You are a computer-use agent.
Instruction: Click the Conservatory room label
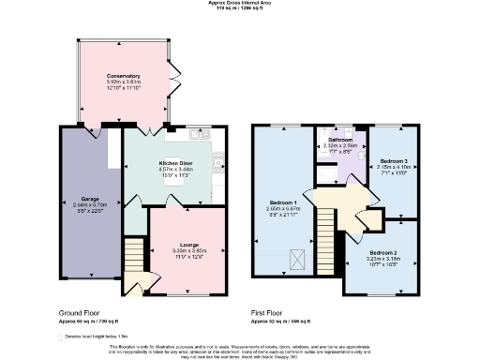coord(123,75)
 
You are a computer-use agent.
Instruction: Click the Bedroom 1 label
coord(283,202)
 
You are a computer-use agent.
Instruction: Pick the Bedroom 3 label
coord(393,160)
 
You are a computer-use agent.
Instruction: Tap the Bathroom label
coord(339,140)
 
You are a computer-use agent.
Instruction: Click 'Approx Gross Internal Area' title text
coord(240,3)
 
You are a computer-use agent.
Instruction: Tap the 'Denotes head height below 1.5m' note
coord(99,334)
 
